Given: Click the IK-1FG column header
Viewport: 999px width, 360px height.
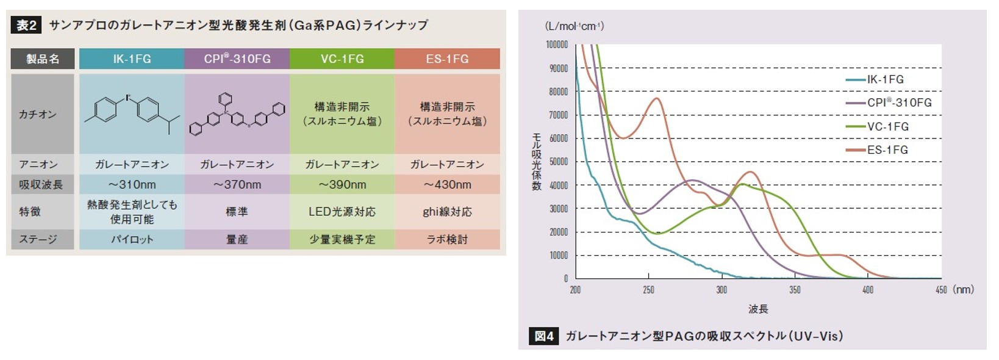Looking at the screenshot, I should pos(132,59).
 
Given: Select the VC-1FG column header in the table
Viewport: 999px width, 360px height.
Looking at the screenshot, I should pos(342,59).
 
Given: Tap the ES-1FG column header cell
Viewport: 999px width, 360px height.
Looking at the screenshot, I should pos(447,59).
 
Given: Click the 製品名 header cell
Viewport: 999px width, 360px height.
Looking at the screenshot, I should pos(43,59).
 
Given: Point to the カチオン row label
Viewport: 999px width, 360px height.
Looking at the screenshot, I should pos(38,114).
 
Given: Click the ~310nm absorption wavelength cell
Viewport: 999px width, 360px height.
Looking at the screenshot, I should pos(132,184).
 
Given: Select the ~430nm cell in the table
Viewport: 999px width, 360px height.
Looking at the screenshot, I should pos(447,184).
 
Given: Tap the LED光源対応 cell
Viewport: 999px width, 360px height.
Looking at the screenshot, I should pos(342,212).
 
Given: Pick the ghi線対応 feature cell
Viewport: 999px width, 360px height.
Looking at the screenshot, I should pos(447,212).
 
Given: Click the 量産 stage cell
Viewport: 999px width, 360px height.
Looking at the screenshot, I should pos(237,239).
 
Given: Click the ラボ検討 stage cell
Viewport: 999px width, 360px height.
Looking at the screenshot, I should pos(447,239).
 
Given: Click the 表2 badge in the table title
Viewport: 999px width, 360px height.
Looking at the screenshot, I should pos(26,25).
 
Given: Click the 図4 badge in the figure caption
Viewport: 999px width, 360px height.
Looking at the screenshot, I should pos(544,336).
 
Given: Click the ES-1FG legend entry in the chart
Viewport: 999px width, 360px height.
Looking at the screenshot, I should pos(887,149).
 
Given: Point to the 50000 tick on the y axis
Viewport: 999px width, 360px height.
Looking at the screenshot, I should pos(559,162).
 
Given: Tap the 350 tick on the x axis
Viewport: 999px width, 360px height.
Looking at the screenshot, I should pos(795,290).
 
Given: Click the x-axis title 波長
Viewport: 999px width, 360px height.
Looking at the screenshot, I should pos(758,309).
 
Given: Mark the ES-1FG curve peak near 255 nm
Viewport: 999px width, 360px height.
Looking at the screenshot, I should pos(656,98).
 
